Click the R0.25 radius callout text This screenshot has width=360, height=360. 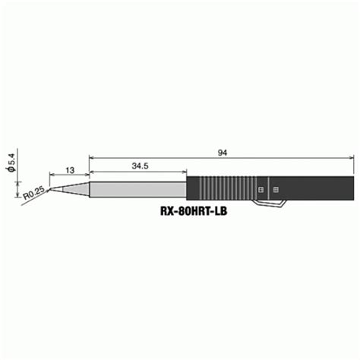coord(31,195)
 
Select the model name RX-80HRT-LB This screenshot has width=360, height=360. coord(193,213)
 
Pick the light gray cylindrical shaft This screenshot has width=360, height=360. coord(137,187)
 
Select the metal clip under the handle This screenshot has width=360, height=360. coord(273,202)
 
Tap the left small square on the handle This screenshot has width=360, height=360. coord(261,188)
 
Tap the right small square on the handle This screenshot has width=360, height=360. coord(275,188)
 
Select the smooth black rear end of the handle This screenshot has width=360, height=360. coord(319,187)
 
